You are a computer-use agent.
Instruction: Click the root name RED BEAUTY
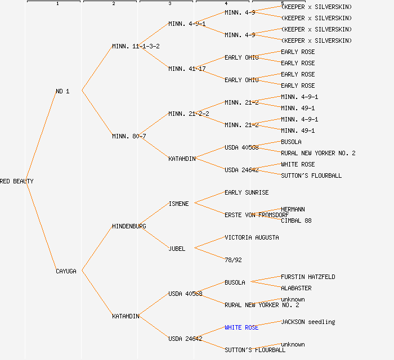click(17, 181)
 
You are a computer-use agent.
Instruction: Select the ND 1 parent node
click(62, 91)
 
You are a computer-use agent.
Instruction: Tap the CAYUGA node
click(66, 271)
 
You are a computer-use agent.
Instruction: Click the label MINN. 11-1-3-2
click(136, 46)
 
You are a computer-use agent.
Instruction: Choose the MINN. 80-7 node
click(129, 136)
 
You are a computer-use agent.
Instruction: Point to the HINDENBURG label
click(129, 226)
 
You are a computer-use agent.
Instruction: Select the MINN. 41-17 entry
click(187, 69)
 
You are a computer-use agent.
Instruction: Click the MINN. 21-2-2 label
click(189, 114)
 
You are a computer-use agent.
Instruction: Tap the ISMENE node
click(178, 204)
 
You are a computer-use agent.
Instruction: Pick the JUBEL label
click(177, 249)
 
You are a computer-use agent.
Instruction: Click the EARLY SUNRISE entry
click(247, 192)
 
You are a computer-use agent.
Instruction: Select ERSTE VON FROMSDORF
click(256, 215)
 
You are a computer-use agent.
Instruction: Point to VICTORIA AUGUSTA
click(252, 237)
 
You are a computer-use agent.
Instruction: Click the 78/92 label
click(233, 260)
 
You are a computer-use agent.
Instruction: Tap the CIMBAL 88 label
click(296, 220)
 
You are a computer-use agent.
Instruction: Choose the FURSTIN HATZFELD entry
click(308, 277)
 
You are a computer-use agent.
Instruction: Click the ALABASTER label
click(296, 288)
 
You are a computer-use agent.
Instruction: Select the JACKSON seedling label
click(308, 322)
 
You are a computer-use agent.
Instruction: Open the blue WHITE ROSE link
click(241, 327)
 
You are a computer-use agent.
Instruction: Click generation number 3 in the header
click(169, 4)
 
